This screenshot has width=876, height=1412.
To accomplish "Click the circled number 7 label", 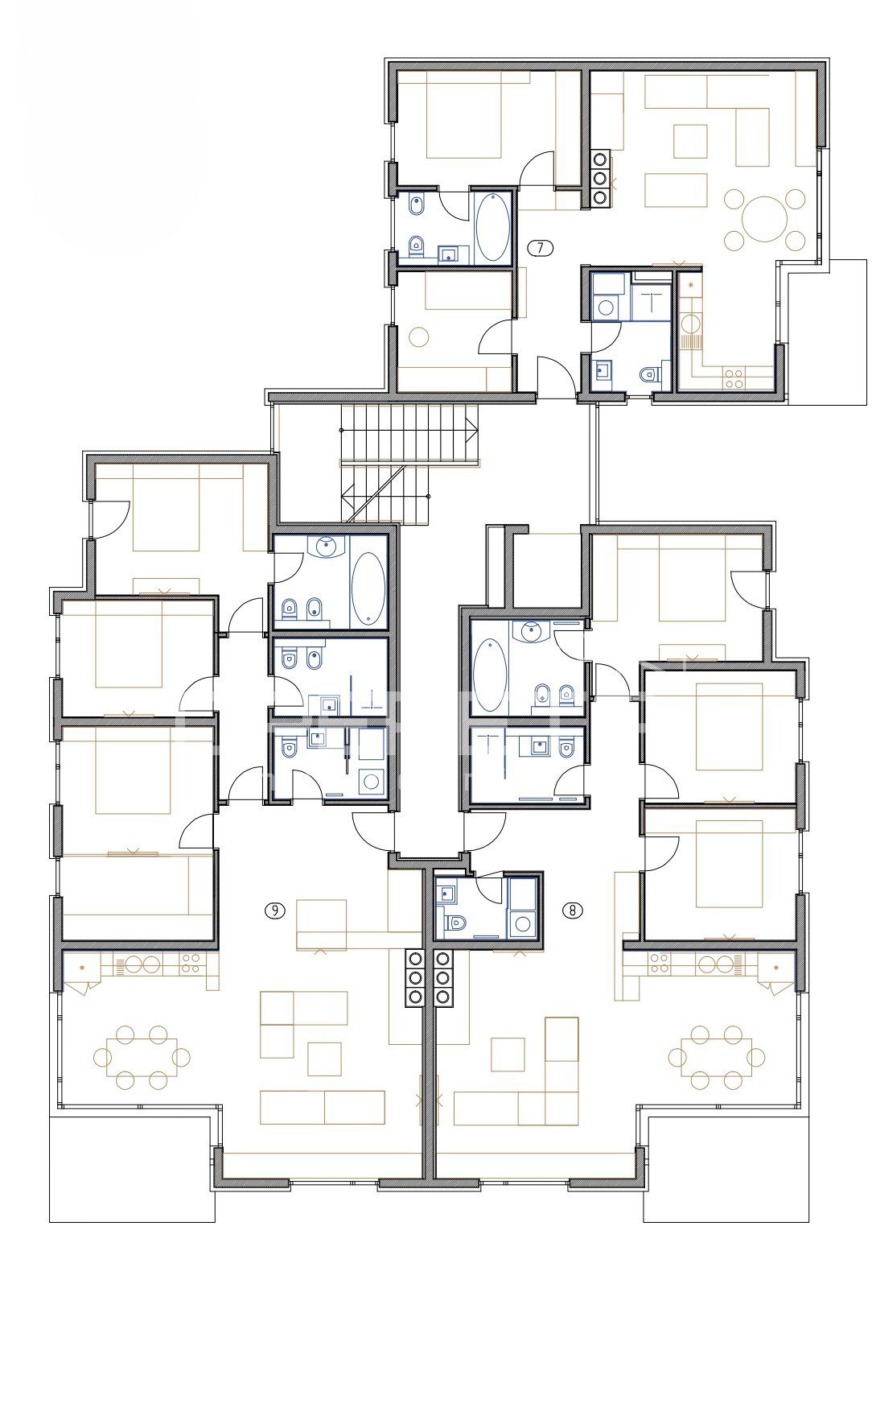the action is click(541, 248).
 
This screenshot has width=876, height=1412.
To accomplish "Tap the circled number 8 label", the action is click(573, 910).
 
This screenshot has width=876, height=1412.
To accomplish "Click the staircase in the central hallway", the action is click(409, 463).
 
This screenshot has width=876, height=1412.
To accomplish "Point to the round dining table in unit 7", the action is click(763, 219).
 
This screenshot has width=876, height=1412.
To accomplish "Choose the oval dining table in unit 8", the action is click(716, 1056).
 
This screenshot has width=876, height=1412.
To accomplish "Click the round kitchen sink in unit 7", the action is click(690, 324).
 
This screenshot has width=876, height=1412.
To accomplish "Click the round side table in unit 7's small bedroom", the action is click(418, 336).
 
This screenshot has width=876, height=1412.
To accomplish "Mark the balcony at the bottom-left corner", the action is click(132, 1167).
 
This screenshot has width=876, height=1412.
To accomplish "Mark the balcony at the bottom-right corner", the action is click(726, 1167).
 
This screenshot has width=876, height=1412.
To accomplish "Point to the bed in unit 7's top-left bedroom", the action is click(463, 114).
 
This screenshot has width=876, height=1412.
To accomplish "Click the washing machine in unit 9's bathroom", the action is click(372, 780).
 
